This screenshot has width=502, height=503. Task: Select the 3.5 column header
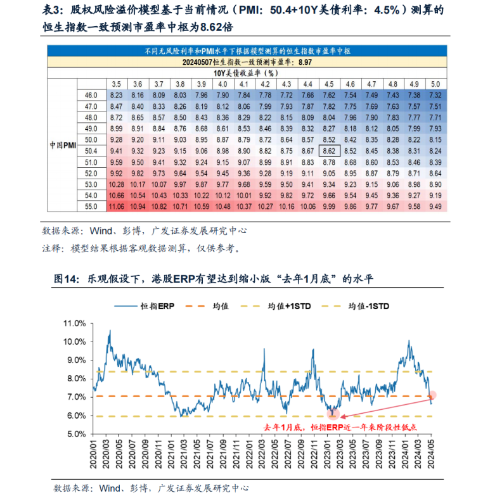click(x=117, y=84)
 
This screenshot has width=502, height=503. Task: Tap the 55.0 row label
click(x=91, y=207)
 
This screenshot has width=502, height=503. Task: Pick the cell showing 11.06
click(x=117, y=207)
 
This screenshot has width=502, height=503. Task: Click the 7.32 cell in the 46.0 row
click(x=435, y=94)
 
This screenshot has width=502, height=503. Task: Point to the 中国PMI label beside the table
click(x=63, y=145)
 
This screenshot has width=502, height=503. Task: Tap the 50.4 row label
click(x=91, y=151)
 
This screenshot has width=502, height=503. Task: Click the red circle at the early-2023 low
click(x=332, y=414)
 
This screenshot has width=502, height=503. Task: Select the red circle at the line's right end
click(x=432, y=395)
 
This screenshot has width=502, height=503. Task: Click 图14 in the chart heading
click(x=66, y=278)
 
